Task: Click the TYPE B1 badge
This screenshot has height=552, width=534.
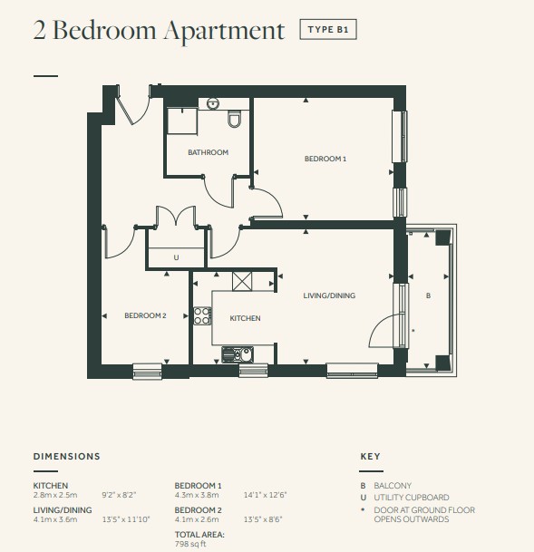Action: pos(328,29)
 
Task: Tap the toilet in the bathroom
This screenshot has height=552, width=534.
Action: pos(234,119)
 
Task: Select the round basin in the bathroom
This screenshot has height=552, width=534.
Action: pos(213,103)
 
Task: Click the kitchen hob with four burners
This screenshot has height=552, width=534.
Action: pos(202,315)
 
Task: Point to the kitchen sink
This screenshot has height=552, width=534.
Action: pos(238,354)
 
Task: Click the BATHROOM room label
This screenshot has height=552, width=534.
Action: pos(208,152)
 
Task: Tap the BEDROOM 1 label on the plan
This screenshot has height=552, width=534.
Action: pos(325,159)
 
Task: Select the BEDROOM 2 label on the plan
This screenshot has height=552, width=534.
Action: pos(145,315)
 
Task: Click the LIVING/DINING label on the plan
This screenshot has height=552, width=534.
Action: pos(329,295)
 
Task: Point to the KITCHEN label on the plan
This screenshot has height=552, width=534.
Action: pos(245,318)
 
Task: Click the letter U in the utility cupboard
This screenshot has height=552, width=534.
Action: pos(176,257)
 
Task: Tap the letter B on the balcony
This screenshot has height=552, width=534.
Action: pos(428,295)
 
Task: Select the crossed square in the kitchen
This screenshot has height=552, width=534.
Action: pos(242,281)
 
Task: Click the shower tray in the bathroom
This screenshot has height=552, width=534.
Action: pos(182,121)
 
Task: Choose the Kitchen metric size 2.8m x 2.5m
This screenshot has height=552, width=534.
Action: pos(55,495)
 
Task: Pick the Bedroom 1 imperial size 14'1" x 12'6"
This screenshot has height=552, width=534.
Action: pos(266,495)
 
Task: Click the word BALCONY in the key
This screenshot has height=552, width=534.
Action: pos(393,486)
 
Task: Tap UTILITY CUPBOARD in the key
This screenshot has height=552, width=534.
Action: pos(412,498)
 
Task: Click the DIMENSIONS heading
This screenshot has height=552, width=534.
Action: pos(67,456)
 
